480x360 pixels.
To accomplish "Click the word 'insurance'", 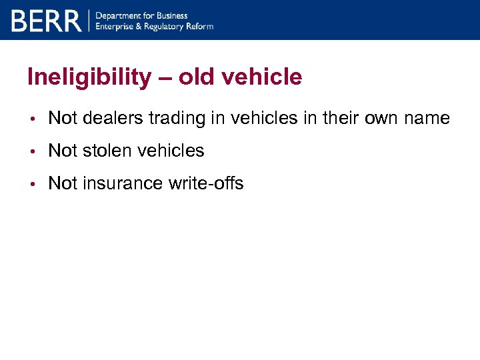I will tap(122, 183).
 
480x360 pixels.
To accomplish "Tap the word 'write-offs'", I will tap(205, 183).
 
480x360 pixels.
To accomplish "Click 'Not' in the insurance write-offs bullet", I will tap(63, 183).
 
